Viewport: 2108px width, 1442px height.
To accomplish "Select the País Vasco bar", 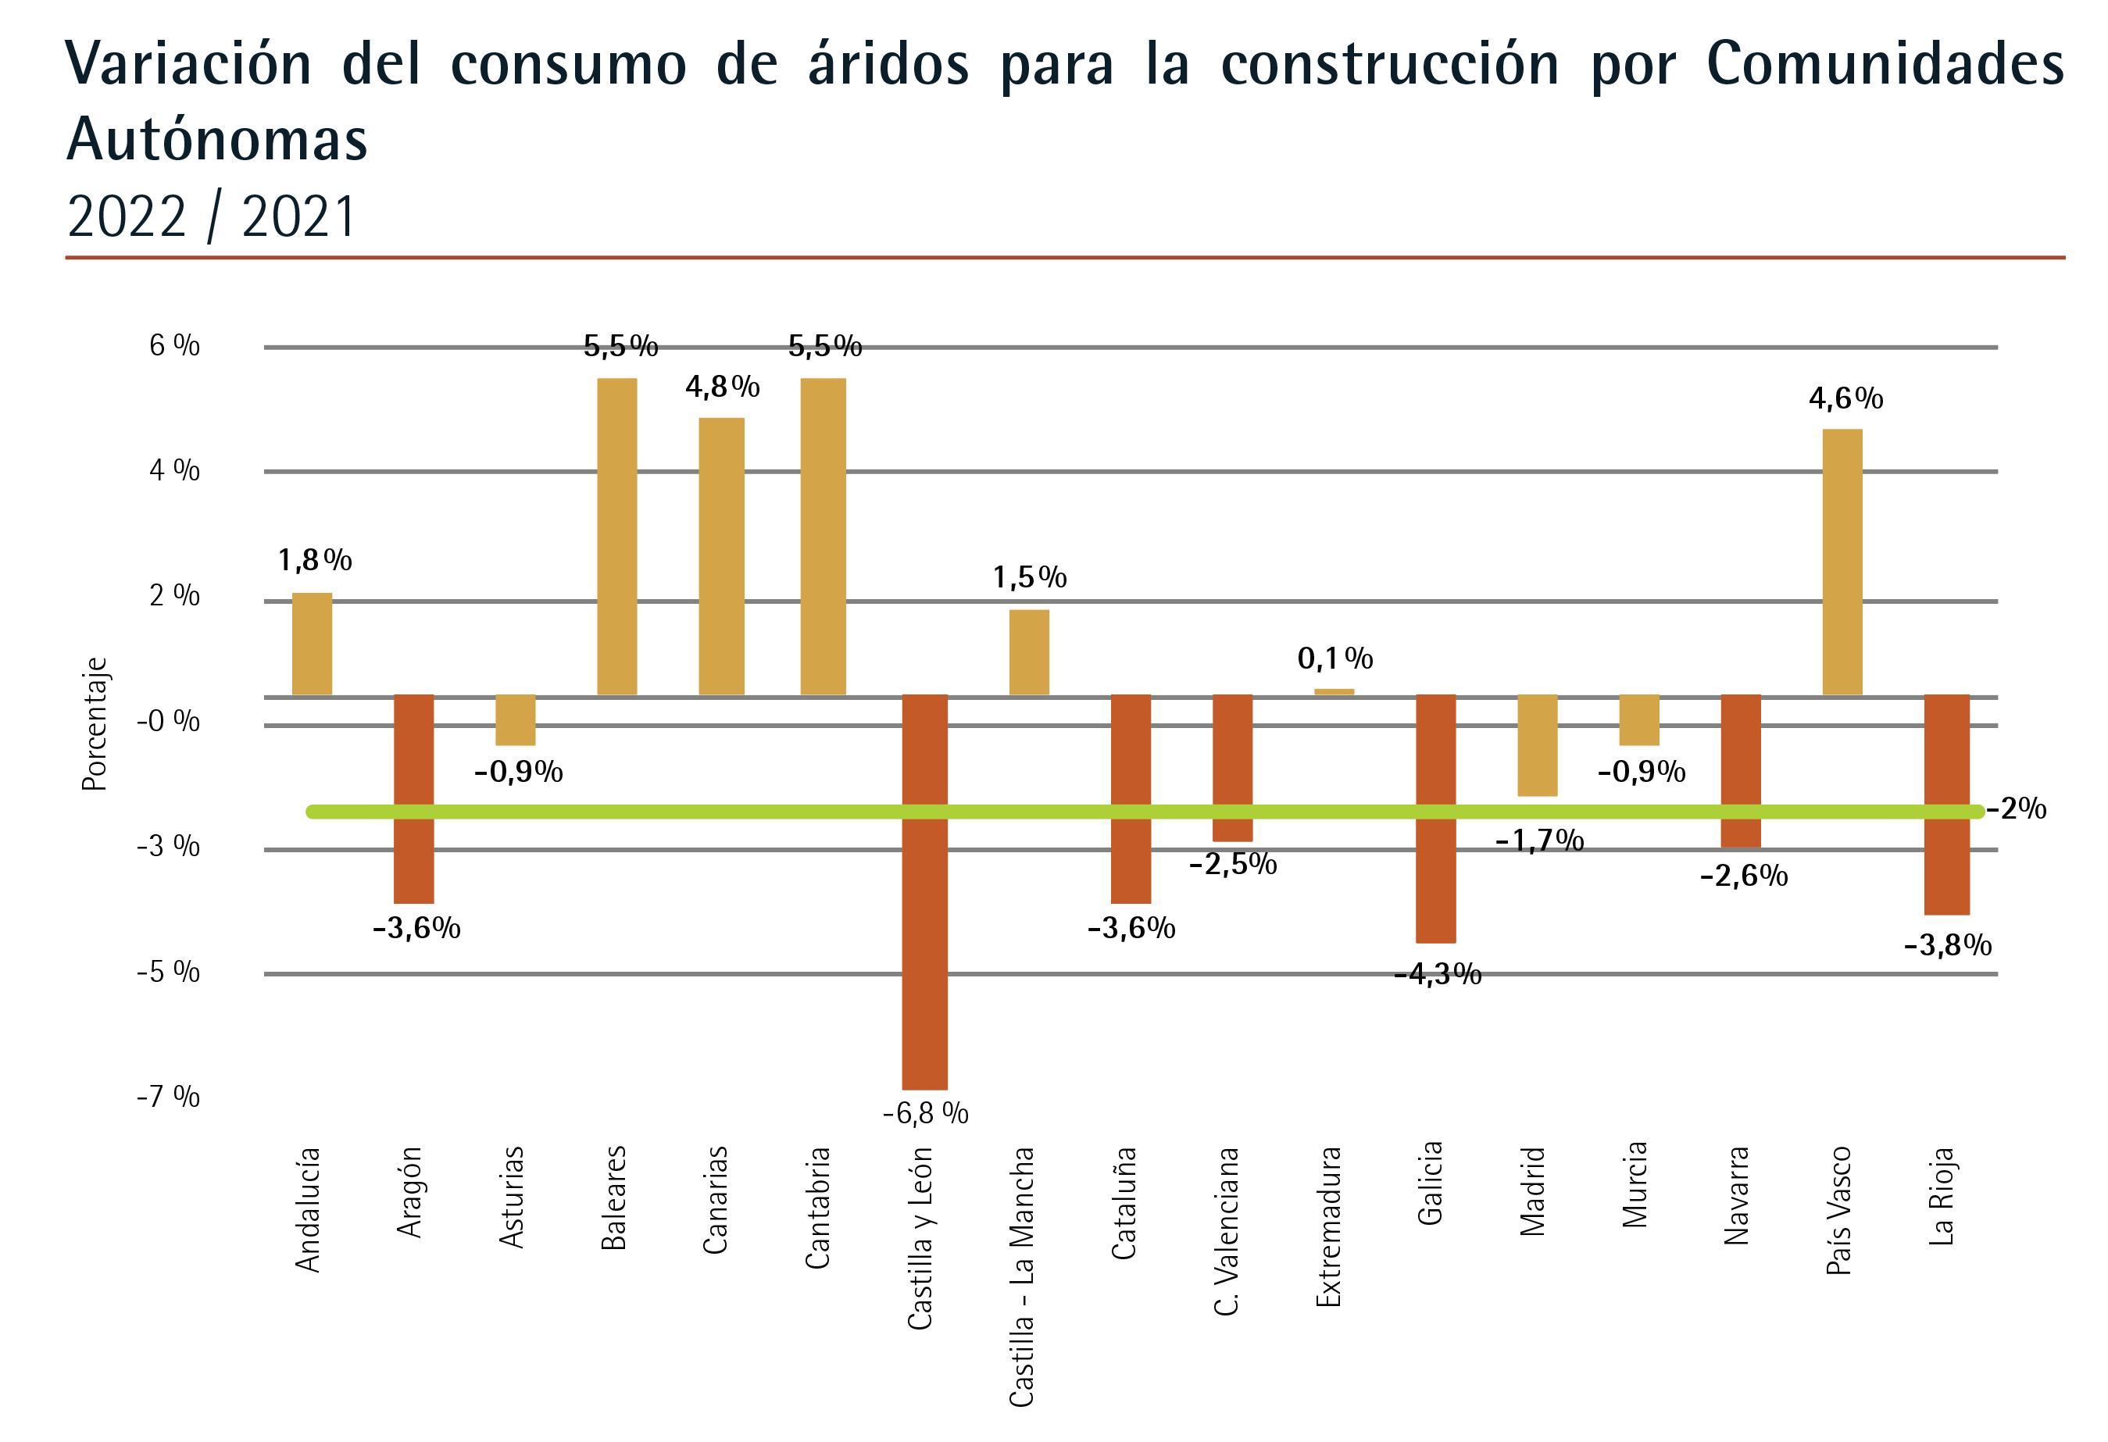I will click(1842, 562).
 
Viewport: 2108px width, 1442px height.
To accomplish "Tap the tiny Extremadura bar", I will click(1334, 692).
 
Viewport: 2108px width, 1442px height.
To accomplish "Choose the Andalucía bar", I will click(312, 643).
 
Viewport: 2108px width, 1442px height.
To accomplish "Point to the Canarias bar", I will click(721, 556).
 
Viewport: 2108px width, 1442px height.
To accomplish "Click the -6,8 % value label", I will click(925, 1113).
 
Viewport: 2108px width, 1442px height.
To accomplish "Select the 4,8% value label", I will click(722, 387).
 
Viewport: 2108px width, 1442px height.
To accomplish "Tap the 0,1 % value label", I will click(1334, 659).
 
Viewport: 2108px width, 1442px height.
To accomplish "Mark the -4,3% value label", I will click(1438, 974).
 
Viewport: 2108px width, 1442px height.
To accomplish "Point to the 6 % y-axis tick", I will click(174, 345).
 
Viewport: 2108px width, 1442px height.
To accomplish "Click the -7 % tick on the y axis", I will click(169, 1097).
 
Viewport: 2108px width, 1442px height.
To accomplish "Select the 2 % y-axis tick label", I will click(174, 596).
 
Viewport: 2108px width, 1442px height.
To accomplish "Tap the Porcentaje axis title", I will click(95, 723).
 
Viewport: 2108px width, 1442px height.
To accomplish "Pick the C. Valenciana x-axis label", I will click(1227, 1230).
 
